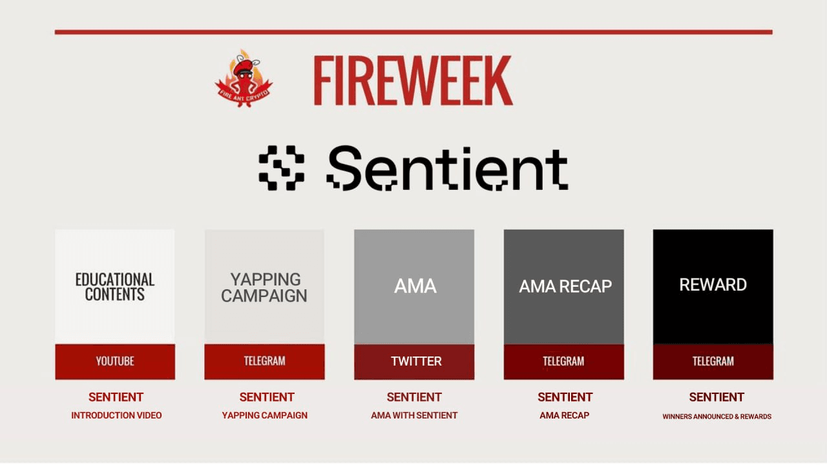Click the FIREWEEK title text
413,81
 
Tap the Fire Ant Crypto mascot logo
244,78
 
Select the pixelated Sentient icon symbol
282,168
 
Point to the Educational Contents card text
115,287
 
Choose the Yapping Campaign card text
264,287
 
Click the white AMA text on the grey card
415,286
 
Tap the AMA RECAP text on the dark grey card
565,287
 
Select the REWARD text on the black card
713,285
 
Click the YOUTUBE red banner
115,361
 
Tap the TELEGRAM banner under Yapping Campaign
264,361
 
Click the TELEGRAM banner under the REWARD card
713,361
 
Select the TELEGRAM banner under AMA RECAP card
563,361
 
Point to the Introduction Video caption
116,415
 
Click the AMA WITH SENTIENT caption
414,415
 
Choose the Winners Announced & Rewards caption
717,417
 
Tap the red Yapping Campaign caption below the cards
265,415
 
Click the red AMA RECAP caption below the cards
565,415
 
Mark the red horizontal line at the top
413,32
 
